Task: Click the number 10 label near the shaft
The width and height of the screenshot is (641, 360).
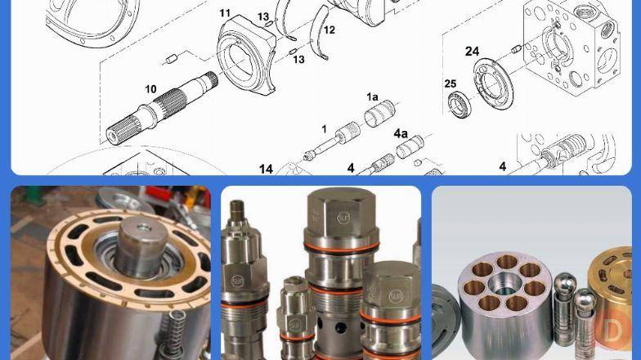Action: pyautogui.click(x=150, y=88)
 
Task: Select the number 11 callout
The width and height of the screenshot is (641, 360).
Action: pyautogui.click(x=225, y=13)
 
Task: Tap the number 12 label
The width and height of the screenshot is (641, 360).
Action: pyautogui.click(x=329, y=29)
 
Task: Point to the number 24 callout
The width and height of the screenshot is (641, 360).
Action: pyautogui.click(x=472, y=52)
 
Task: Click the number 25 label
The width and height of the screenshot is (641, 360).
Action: pyautogui.click(x=450, y=83)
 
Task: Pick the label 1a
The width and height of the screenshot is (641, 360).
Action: pyautogui.click(x=372, y=97)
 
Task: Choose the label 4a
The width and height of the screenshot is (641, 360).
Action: pyautogui.click(x=401, y=133)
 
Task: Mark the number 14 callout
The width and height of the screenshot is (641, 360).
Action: pyautogui.click(x=266, y=169)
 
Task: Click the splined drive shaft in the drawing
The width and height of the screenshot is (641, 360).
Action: pyautogui.click(x=162, y=108)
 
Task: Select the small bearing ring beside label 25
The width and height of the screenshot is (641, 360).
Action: pyautogui.click(x=460, y=105)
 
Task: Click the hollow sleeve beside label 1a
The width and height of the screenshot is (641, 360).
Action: pyautogui.click(x=379, y=113)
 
